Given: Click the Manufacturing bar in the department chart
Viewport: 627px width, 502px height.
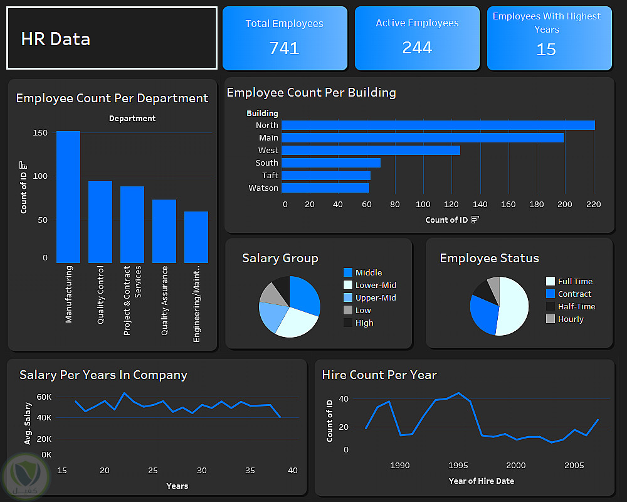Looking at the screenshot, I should (x=68, y=197).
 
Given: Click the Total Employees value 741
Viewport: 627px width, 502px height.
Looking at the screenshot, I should (x=284, y=48).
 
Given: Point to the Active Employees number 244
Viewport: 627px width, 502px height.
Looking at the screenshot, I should (x=417, y=48).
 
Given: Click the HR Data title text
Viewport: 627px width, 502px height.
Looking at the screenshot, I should (x=56, y=39).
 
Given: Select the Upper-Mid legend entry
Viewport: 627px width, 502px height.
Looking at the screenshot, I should (x=376, y=298).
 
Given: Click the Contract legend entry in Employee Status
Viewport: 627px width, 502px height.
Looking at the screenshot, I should (x=574, y=294).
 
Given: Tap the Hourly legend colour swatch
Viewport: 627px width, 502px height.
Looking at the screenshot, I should (x=551, y=319).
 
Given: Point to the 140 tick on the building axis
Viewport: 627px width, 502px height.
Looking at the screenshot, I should (x=480, y=205).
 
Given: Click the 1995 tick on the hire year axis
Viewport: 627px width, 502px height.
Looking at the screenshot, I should (x=458, y=466).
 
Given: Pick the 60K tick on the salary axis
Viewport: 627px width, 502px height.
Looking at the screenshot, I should (x=44, y=397).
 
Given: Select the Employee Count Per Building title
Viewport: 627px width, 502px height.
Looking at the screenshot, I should (x=311, y=93).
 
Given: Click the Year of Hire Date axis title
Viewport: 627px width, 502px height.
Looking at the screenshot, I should (x=481, y=481).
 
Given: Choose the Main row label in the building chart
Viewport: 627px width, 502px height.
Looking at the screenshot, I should (x=268, y=138).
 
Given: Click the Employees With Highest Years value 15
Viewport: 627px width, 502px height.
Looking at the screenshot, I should (x=546, y=50).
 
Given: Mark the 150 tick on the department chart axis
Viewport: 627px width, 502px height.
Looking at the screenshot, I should (x=40, y=133).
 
